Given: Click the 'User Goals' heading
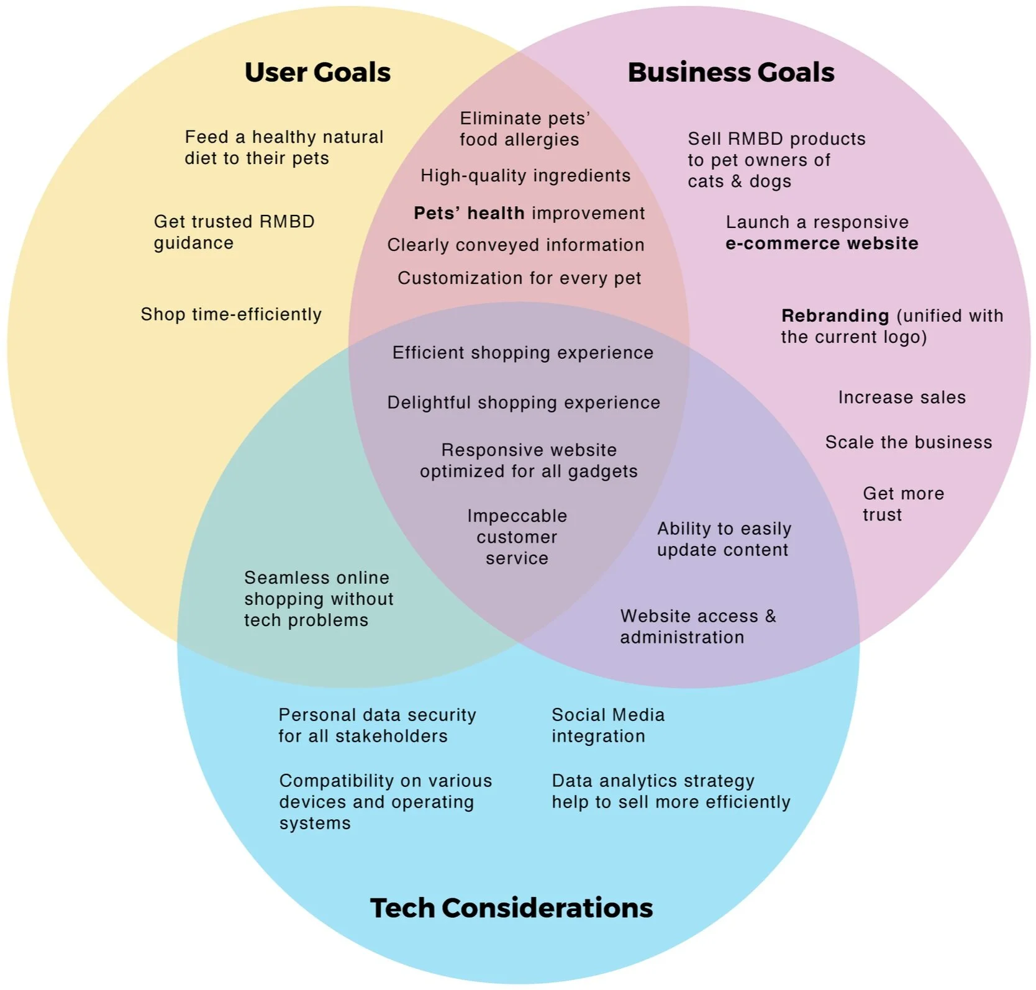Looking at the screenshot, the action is [317, 73].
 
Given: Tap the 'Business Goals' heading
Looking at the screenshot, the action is [730, 73].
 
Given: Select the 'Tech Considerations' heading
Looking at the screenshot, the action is [511, 908].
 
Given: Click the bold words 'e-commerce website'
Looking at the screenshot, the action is [822, 243].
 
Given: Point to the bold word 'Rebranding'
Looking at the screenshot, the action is [835, 316].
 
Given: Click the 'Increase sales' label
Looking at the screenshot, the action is [902, 397].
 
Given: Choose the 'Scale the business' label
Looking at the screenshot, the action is [909, 442].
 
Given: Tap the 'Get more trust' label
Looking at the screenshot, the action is [903, 504].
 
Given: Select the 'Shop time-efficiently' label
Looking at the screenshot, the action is [231, 314].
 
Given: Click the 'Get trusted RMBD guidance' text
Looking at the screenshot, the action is [234, 232].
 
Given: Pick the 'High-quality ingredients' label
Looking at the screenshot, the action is [525, 176].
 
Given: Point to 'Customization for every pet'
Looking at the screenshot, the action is [519, 278].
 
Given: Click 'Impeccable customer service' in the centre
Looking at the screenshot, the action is [517, 537].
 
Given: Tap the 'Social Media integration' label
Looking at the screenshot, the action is [607, 725].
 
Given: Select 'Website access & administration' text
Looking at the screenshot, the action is [697, 627].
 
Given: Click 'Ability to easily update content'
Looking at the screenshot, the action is [724, 539].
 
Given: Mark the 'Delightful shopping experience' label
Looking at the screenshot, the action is [524, 403].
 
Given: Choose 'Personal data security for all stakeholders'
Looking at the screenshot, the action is [377, 725].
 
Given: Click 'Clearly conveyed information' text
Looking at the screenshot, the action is [516, 245].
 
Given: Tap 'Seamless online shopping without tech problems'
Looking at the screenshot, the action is [319, 599].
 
